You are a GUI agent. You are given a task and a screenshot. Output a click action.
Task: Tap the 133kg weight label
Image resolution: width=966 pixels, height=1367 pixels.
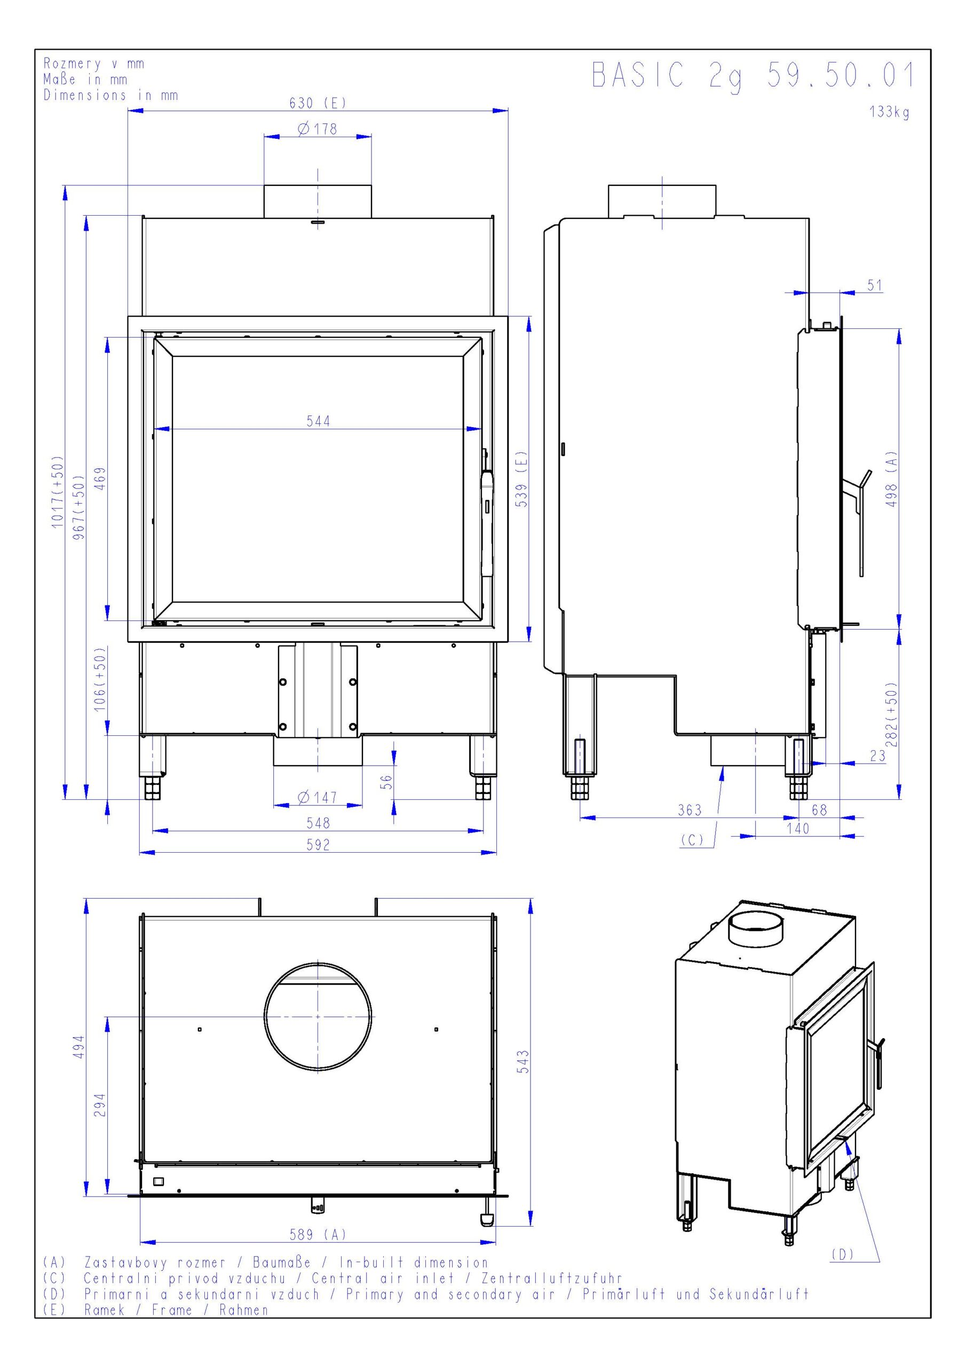(889, 112)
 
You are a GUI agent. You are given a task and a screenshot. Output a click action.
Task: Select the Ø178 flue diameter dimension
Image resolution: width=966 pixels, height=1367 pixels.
(318, 129)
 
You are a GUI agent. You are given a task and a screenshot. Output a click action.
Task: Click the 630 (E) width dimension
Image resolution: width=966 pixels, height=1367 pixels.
(318, 103)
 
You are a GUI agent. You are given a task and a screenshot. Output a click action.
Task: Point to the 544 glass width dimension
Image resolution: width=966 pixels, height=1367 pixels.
(318, 421)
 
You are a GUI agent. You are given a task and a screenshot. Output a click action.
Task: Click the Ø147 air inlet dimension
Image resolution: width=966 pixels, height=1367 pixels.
(318, 797)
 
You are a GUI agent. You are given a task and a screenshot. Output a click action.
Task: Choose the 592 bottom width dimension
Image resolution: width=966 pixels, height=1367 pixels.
(318, 845)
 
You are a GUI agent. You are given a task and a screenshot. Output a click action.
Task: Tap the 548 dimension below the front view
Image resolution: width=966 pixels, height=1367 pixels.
(318, 823)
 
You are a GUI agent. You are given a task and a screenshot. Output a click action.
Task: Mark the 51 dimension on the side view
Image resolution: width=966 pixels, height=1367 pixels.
(874, 285)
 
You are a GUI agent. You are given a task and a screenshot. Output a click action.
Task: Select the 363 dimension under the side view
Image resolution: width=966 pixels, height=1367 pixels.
(690, 810)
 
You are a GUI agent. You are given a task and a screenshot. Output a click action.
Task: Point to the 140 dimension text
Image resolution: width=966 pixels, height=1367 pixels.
(797, 829)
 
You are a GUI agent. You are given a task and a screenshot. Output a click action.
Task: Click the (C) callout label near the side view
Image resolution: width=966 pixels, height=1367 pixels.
(692, 840)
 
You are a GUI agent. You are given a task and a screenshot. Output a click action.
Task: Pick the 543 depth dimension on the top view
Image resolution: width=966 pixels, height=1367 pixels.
(523, 1062)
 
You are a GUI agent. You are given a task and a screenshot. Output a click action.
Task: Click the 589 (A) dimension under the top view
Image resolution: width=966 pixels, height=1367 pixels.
(318, 1235)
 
